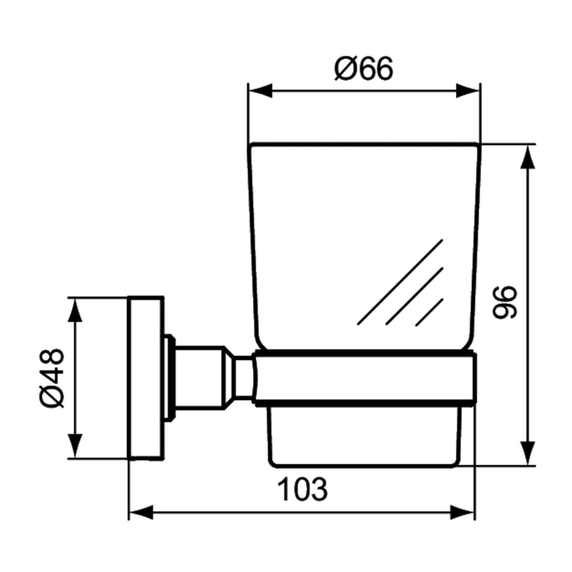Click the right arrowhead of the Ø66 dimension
click(467, 91)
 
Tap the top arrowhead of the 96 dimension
click(528, 157)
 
